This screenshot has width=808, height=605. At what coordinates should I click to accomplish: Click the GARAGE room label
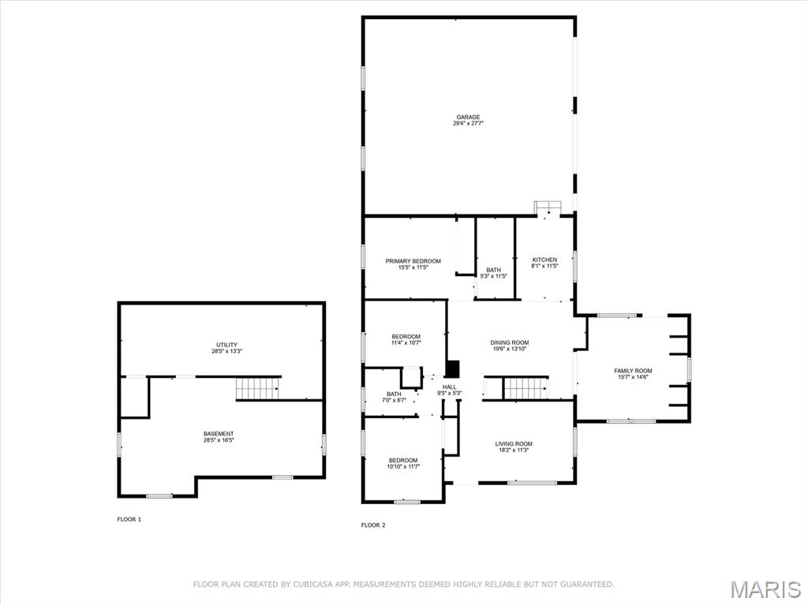click(x=468, y=117)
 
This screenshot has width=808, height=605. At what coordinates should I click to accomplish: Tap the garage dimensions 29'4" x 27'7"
click(x=468, y=123)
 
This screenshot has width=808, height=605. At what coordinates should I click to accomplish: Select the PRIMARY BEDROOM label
click(x=413, y=261)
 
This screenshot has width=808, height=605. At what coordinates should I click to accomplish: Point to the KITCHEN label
click(x=544, y=260)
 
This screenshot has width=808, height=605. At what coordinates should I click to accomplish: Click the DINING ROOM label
click(x=510, y=342)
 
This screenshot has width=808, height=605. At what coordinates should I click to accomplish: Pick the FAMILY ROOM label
click(x=633, y=371)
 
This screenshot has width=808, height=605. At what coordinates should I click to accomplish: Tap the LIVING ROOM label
click(x=514, y=444)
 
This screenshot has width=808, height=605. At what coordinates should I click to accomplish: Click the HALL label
click(x=449, y=387)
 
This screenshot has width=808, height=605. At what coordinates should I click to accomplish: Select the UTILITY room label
click(x=226, y=345)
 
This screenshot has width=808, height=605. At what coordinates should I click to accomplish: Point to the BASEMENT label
click(x=219, y=434)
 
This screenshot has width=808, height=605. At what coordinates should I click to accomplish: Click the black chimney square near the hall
click(x=452, y=368)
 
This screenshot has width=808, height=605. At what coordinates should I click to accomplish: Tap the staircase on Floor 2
click(x=525, y=389)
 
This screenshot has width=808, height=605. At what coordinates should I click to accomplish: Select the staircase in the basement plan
click(x=258, y=389)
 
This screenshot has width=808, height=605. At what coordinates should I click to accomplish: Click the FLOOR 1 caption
click(x=129, y=520)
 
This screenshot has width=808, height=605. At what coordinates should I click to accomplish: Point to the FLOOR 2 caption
click(x=373, y=525)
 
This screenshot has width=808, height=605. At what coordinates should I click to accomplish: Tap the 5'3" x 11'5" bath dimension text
click(x=494, y=276)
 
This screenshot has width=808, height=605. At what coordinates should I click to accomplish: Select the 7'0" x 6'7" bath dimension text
click(x=395, y=401)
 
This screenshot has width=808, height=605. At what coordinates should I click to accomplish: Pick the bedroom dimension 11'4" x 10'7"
click(x=406, y=342)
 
